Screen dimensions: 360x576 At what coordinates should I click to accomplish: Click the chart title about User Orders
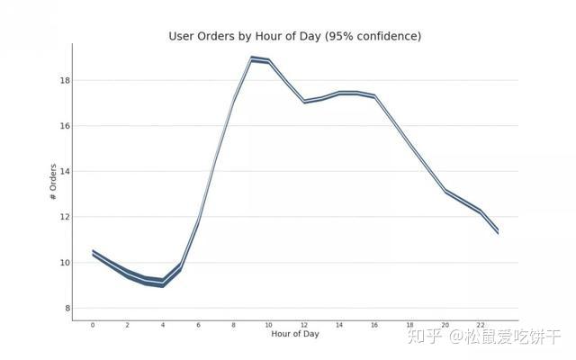tap(294, 36)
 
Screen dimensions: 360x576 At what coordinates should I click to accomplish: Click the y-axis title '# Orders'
tap(53, 182)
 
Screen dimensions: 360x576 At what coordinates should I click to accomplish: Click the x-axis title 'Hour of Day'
tap(294, 334)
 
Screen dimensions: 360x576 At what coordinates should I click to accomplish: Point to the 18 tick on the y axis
tap(65, 80)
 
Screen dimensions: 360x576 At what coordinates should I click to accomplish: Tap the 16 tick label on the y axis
tap(65, 126)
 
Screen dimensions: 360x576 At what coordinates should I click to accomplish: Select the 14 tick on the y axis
tap(65, 171)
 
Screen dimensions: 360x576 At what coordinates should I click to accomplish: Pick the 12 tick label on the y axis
tap(65, 217)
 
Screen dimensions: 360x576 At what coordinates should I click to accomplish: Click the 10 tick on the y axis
tap(65, 263)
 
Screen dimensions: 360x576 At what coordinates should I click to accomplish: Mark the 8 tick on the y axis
tap(67, 309)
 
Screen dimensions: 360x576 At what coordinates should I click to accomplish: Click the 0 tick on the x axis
tap(93, 325)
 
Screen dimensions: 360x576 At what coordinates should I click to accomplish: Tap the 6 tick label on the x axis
tap(198, 325)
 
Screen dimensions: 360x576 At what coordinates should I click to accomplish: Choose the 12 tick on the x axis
tap(304, 325)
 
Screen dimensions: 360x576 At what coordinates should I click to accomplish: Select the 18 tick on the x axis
tap(410, 325)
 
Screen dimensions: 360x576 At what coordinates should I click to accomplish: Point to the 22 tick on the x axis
tap(480, 325)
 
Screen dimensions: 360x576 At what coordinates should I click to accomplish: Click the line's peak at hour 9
tap(251, 58)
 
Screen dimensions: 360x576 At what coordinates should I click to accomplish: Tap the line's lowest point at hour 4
tap(163, 283)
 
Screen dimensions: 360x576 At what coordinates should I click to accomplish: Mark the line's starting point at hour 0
tap(93, 253)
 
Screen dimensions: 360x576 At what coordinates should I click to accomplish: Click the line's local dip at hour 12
tap(304, 102)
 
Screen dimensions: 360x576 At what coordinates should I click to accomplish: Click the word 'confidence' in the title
tap(384, 36)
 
